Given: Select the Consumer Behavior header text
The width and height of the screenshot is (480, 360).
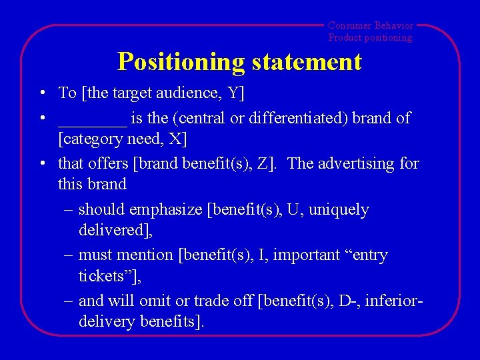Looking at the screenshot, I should point(371,25).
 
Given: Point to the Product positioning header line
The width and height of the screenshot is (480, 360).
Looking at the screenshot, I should point(370,38).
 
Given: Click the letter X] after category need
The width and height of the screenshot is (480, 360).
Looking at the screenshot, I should point(179,139).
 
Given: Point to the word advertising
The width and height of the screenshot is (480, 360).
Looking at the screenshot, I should point(359,163).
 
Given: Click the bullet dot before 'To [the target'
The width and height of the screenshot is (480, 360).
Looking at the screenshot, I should point(42,93).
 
